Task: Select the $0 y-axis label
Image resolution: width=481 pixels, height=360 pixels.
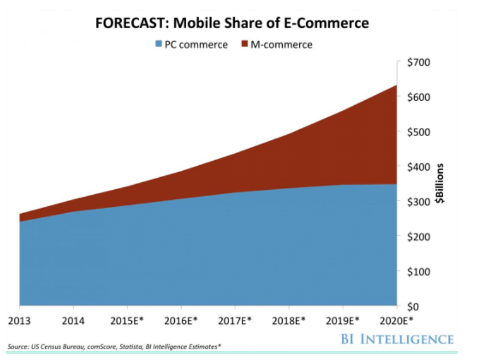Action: pos(412,306)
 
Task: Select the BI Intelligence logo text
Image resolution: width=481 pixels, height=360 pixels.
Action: pos(397,339)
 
